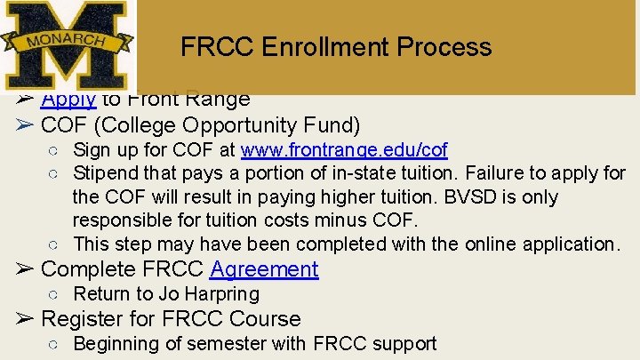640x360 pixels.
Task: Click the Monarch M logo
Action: (66, 44)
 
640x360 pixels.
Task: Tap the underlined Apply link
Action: (68, 100)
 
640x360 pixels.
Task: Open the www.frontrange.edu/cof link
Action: (344, 149)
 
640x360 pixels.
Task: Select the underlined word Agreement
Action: (264, 269)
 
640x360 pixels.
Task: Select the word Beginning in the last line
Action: (116, 343)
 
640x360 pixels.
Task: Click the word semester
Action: (260, 343)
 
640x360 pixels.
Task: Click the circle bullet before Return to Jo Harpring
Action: (52, 294)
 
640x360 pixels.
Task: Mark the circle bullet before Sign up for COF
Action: (52, 150)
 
